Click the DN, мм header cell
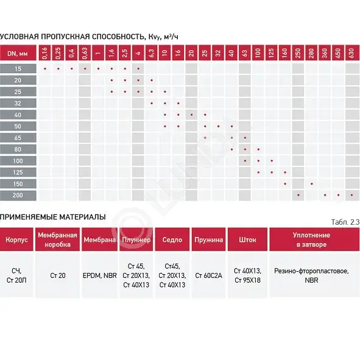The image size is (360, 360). click(18, 53)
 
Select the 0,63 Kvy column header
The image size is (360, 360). click(85, 53)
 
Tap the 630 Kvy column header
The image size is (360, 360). click(351, 53)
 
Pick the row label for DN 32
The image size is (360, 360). click(18, 104)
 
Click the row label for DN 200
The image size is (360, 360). click(18, 196)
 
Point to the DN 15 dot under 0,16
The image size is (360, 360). click(45, 69)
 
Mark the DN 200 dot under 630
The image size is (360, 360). click(351, 195)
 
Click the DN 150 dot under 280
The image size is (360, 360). click(311, 184)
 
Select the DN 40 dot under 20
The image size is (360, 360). click(192, 115)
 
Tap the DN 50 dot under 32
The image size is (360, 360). click(218, 126)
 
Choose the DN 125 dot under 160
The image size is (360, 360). click(285, 172)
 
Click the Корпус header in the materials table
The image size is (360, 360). click(16, 239)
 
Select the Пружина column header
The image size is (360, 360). click(208, 239)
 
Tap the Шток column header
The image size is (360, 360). click(247, 239)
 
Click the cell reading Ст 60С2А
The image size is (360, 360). click(208, 275)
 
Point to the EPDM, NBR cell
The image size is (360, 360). click(100, 275)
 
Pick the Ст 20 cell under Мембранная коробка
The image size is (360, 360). click(58, 275)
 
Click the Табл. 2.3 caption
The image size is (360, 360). click(345, 222)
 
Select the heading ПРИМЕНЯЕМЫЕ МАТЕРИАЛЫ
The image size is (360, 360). click(53, 217)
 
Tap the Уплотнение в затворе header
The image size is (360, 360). click(311, 239)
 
